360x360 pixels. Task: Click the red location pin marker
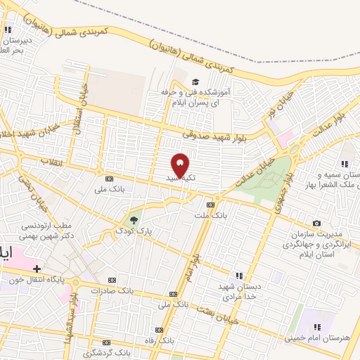point(180,165)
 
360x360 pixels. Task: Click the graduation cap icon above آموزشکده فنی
point(195,82)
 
